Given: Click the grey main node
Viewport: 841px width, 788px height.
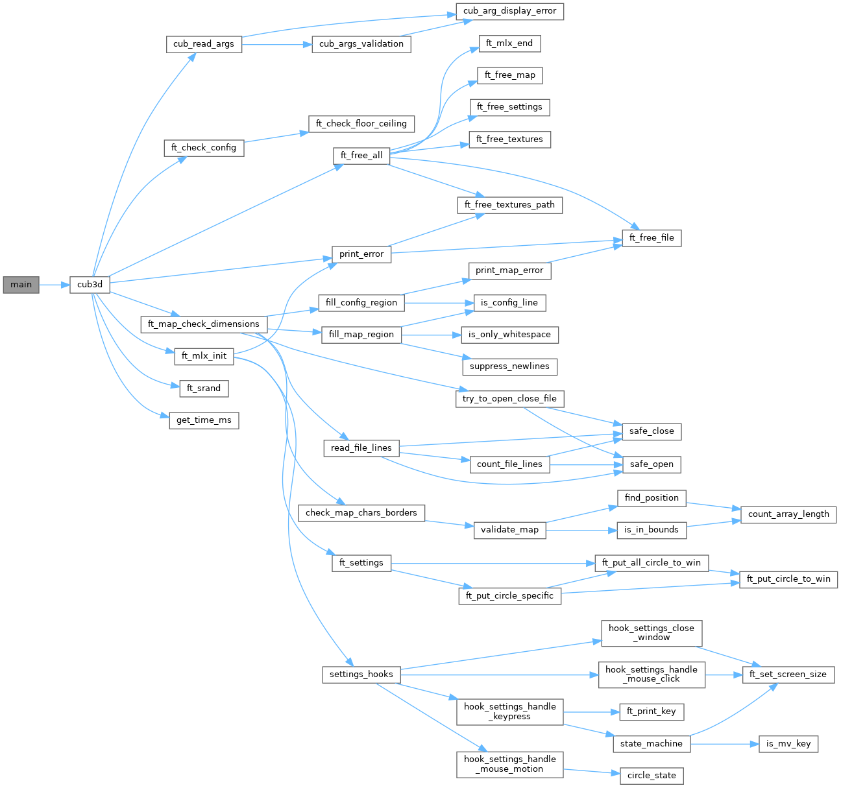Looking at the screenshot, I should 21,284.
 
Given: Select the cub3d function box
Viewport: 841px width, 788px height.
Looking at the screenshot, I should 90,284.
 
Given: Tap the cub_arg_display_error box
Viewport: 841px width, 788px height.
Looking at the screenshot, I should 509,11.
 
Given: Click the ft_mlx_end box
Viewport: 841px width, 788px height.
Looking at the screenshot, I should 509,43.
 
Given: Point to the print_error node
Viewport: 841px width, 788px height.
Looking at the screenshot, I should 361,254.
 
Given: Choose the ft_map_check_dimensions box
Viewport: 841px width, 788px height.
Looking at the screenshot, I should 203,324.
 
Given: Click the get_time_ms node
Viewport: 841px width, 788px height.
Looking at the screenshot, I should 204,420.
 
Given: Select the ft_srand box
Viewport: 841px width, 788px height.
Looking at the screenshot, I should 204,388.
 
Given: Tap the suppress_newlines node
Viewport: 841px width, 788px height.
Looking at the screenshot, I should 509,366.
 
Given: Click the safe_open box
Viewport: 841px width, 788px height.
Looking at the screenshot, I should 652,464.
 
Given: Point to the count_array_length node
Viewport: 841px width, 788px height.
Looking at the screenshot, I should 788,514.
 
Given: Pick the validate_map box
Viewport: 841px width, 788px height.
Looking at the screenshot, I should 509,530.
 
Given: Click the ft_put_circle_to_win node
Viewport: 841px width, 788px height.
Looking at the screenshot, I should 788,579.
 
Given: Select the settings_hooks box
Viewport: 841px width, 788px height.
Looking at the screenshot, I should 361,675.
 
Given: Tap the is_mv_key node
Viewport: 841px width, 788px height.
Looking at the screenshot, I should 788,744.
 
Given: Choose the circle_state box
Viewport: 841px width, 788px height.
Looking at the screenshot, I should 652,776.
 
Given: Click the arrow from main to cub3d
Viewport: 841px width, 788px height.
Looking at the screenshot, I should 55,284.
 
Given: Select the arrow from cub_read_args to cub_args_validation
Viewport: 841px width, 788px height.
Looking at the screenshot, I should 276,44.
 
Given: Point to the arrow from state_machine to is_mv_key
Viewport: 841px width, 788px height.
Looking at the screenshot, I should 724,744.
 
